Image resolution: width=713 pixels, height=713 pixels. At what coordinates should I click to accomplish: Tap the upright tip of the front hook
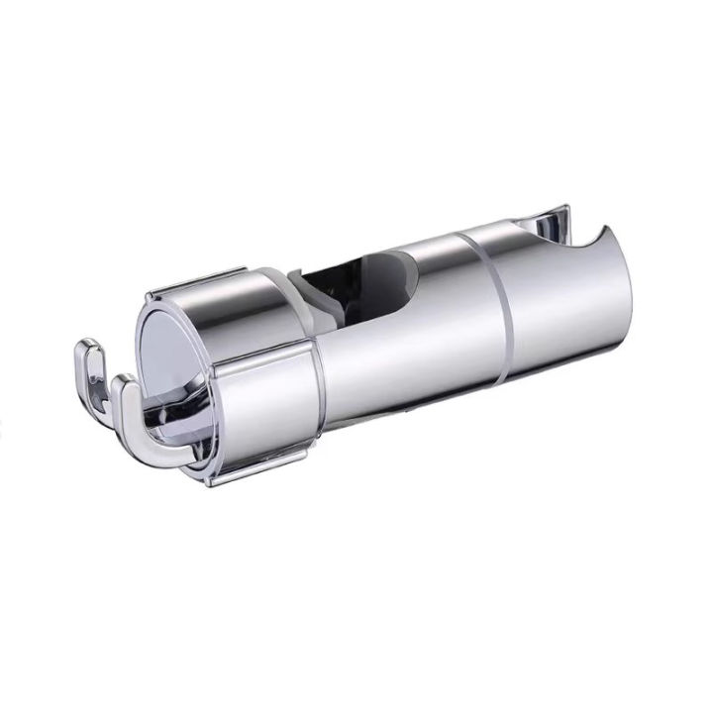(124, 382)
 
